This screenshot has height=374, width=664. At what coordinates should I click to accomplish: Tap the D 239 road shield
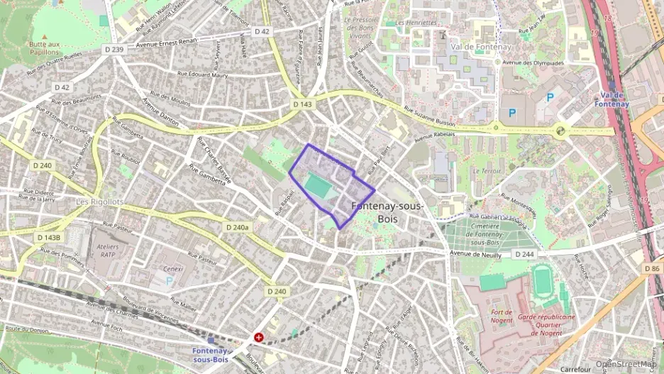113,49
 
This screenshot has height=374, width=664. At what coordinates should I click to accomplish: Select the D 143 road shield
301,104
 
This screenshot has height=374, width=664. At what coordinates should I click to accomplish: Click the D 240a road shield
236,227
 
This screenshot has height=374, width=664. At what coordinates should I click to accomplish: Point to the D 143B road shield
49,238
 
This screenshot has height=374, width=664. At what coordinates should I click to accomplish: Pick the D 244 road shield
524,254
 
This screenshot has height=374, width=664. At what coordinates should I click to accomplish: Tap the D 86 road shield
653,269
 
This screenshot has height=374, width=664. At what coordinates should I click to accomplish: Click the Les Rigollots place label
100,202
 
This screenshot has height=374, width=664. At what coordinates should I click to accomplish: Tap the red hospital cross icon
258,338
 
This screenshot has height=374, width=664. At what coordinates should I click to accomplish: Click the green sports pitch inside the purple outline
316,187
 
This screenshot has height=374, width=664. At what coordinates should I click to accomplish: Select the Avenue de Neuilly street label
476,255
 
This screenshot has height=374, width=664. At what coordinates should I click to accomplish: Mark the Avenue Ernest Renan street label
167,42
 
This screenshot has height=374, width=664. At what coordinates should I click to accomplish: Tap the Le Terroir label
491,171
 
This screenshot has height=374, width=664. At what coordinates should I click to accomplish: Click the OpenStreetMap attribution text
626,364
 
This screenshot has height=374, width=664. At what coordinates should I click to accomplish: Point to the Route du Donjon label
26,329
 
